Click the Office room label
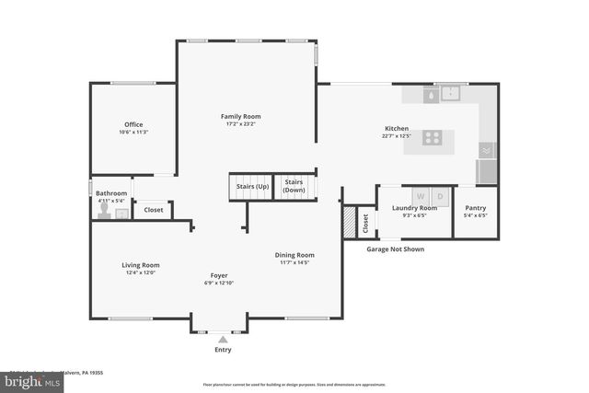pyautogui.click(x=133, y=124)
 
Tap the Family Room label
pyautogui.click(x=240, y=116)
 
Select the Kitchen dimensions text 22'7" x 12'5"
pyautogui.click(x=396, y=136)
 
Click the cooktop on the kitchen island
pyautogui.click(x=432, y=138)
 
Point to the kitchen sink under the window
pyautogui.click(x=450, y=93)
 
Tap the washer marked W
pyautogui.click(x=421, y=196)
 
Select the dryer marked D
pyautogui.click(x=440, y=196)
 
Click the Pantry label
pyautogui.click(x=475, y=208)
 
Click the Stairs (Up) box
pyautogui.click(x=252, y=186)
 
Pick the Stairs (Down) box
pyautogui.click(x=294, y=186)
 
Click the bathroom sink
pyautogui.click(x=121, y=214)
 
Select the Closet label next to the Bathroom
pyautogui.click(x=154, y=210)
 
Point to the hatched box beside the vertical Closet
pyautogui.click(x=349, y=222)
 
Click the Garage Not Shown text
pyautogui.click(x=395, y=249)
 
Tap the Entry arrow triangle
pyautogui.click(x=223, y=340)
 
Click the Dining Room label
pyautogui.click(x=294, y=255)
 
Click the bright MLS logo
pyautogui.click(x=30, y=378)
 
